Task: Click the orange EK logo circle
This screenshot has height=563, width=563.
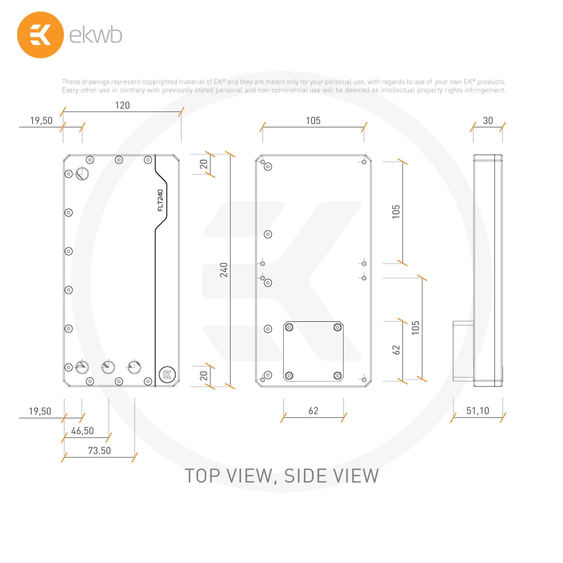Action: tap(41, 35)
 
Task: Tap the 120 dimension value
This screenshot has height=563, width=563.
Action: tap(122, 105)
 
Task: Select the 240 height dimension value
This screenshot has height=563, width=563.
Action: tap(224, 270)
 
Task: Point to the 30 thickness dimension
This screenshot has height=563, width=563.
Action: tap(488, 120)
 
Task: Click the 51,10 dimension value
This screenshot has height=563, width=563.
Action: tap(478, 411)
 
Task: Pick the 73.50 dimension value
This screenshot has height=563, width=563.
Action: tap(99, 450)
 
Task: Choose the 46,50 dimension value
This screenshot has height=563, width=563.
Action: tap(82, 431)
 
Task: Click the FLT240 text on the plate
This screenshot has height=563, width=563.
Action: tap(160, 200)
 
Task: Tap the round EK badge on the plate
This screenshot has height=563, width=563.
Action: tap(167, 374)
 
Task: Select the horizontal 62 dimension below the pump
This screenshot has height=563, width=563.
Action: tap(313, 411)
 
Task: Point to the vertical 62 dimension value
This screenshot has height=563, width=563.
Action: tap(396, 350)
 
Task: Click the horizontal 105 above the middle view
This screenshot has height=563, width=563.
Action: tap(313, 120)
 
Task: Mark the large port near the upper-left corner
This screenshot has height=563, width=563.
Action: tap(82, 174)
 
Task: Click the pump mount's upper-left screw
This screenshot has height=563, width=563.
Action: tap(289, 327)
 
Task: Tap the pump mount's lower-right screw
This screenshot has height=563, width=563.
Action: tap(338, 376)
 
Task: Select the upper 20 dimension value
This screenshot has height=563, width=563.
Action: tap(204, 164)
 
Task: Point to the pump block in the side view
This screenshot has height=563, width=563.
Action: tap(463, 351)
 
